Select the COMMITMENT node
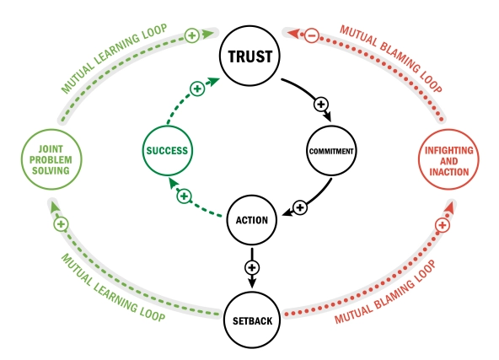(x=329, y=152)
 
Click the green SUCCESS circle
(x=165, y=152)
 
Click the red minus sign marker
(x=310, y=36)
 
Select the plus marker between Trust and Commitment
(x=320, y=104)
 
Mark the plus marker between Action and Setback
(x=250, y=267)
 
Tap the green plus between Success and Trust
(x=196, y=88)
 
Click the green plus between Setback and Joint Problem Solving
(x=60, y=225)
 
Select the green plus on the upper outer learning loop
(x=191, y=35)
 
